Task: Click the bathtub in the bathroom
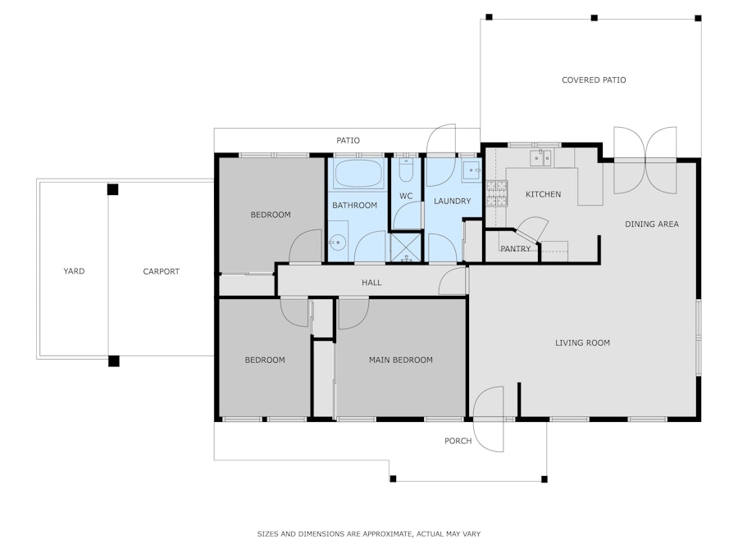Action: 358,174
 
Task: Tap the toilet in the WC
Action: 406,170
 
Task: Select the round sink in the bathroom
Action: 338,243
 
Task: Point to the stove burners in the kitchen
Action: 497,193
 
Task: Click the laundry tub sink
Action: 471,170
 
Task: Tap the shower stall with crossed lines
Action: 406,247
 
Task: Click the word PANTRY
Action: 516,249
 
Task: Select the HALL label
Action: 371,283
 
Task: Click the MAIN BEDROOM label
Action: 400,360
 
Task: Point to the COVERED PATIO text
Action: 594,80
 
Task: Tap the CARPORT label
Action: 161,271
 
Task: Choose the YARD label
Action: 74,271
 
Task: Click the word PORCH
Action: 458,441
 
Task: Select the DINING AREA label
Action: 651,224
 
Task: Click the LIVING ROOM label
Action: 582,342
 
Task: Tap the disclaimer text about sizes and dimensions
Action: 368,533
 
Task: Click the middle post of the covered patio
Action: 594,18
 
